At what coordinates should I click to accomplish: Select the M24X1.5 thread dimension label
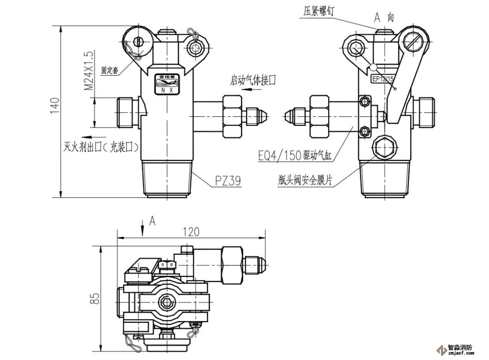pos(89,70)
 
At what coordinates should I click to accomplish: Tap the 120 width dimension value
pos(191,231)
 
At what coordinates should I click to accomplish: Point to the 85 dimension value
pos(95,298)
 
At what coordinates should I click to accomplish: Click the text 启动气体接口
pos(253,80)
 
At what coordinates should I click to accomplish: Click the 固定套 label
pos(110,70)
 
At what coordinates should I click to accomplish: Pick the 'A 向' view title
pos(384,17)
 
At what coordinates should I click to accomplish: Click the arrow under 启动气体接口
pos(251,90)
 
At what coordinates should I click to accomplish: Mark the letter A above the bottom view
pos(153,221)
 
